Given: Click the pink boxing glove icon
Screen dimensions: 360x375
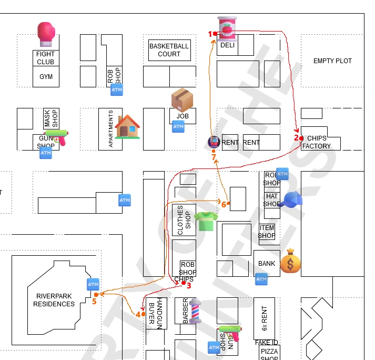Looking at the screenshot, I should (46, 33).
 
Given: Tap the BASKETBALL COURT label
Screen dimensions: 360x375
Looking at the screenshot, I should (169, 50).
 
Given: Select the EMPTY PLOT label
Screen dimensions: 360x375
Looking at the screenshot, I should (332, 61).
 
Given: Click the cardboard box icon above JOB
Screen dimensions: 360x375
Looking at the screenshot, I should (182, 100).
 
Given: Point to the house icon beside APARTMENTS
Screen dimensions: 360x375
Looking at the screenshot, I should (127, 127).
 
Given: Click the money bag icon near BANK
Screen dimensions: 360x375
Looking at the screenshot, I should (290, 262).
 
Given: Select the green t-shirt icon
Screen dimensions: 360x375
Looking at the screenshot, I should (206, 221).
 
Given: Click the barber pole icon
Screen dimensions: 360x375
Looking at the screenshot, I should (195, 311).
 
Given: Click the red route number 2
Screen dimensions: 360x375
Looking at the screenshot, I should (296, 138).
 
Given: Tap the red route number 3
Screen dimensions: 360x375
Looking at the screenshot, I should (189, 286).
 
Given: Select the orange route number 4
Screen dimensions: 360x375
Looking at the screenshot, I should (138, 314).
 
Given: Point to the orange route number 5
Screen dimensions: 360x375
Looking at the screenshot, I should (94, 301).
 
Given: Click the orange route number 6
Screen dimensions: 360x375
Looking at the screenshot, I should (224, 204).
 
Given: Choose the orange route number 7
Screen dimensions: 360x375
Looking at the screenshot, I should (214, 157).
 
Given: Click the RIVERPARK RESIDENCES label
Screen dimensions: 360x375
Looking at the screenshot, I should (54, 300).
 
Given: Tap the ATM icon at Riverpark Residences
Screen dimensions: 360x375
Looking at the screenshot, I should (93, 284).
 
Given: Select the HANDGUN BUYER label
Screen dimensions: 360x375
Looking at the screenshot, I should (156, 313).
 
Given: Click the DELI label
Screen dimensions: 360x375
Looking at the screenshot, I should (227, 45).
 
